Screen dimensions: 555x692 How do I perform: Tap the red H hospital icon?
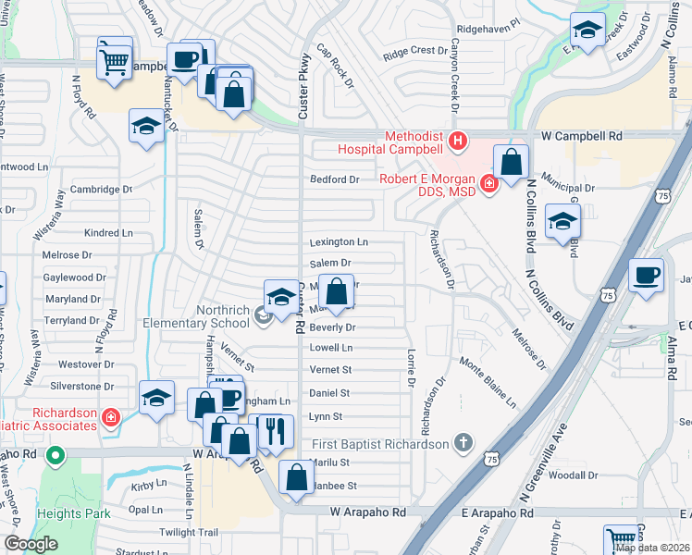[x=457, y=142]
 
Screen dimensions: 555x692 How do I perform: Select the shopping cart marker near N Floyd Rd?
[x=115, y=61]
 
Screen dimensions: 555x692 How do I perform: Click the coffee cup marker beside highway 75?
[x=646, y=275]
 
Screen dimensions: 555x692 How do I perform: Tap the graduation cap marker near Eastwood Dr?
[x=587, y=31]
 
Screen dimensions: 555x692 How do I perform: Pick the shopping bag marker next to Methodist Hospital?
[x=511, y=162]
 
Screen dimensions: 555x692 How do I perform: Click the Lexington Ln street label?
[x=338, y=242]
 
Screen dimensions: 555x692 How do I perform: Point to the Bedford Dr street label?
[x=334, y=179]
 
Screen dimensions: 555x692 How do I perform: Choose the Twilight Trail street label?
[x=189, y=533]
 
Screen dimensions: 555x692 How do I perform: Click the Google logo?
[x=31, y=544]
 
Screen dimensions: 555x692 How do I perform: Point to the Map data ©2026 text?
[x=652, y=548]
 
